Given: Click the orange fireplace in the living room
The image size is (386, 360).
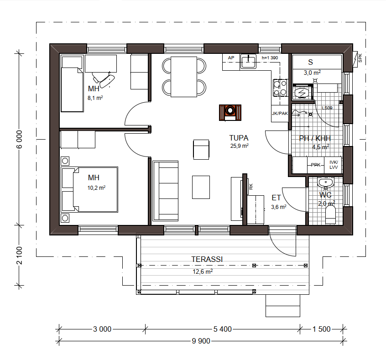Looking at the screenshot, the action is point(230,113).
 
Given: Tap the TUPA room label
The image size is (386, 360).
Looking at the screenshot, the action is point(239,138).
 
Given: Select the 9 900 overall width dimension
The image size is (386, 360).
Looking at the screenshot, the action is point(201,341).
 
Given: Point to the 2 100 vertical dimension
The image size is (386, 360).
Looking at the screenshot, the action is point(19,256).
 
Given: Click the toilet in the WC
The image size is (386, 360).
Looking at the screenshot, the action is point(330,214).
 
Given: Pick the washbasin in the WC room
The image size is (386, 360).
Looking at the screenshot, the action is point(325,183).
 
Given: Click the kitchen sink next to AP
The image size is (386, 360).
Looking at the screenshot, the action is point(248,61).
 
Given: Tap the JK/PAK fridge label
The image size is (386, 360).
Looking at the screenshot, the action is point(280,114).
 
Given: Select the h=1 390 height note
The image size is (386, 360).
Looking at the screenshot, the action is point(270,58).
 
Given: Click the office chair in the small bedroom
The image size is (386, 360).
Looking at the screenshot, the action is point(104,79).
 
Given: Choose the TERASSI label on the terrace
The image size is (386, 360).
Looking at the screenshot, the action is point(207,259).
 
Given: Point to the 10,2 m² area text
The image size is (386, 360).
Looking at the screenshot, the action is point(97,188).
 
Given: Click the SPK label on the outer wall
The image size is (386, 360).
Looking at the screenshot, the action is point(360,58).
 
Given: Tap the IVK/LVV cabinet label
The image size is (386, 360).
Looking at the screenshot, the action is point(334,165).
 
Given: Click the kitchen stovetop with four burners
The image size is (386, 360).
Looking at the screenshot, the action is point(280,88).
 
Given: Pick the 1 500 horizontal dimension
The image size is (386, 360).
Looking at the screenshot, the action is point(322,329).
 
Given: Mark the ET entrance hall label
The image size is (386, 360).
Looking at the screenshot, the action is point(276,198).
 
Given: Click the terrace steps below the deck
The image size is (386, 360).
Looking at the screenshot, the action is point(283,306).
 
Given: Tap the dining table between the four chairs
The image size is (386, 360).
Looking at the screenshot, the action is point(184,77).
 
